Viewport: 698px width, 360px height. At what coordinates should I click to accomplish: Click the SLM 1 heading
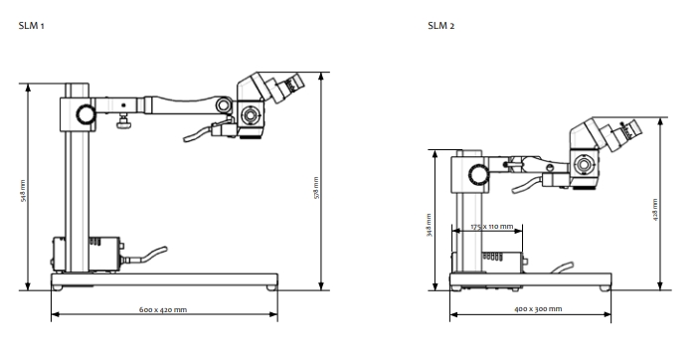(31, 26)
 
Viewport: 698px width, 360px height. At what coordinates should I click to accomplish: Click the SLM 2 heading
(441, 26)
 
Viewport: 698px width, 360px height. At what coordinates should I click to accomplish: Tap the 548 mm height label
(23, 191)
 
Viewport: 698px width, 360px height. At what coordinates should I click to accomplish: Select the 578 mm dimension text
(316, 188)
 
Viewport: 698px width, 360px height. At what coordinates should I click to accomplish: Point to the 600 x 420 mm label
(163, 309)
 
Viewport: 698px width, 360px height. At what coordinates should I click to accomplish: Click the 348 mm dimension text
(430, 225)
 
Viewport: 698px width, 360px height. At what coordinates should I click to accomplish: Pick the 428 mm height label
(655, 210)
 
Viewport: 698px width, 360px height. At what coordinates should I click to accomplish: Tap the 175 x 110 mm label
(492, 227)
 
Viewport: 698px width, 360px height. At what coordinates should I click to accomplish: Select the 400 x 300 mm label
(538, 309)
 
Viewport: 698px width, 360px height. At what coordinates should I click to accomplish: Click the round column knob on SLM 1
(86, 114)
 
